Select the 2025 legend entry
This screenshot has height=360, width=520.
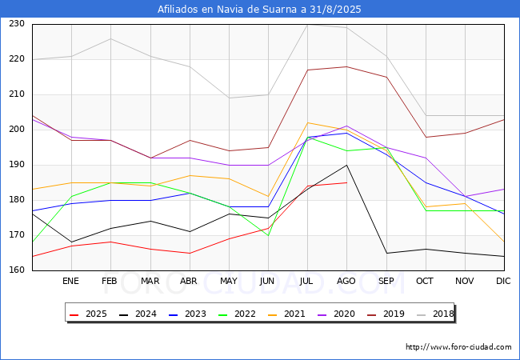(x=88, y=314)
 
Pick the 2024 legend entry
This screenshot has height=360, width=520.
(x=138, y=314)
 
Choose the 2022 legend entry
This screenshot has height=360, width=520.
(x=237, y=314)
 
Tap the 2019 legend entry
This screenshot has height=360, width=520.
(x=386, y=314)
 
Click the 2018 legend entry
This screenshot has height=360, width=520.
(x=435, y=314)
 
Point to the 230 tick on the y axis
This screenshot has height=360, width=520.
(x=17, y=24)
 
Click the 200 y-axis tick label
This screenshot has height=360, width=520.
(x=17, y=130)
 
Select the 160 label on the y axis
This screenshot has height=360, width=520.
(x=17, y=270)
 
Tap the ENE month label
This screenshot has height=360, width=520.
(x=70, y=281)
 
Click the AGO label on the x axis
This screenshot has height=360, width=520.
(x=346, y=281)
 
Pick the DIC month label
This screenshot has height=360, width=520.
(x=503, y=281)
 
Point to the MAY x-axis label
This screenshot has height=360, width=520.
(x=229, y=281)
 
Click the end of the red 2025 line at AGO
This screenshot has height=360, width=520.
(x=347, y=182)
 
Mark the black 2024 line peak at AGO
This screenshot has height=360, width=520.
(x=347, y=165)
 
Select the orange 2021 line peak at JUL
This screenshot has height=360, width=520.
(x=308, y=122)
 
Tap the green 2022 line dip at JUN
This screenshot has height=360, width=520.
(x=268, y=235)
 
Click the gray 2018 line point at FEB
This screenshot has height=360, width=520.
(x=110, y=38)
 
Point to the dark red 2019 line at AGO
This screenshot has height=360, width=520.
(x=347, y=66)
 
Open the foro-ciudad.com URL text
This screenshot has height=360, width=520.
(x=458, y=347)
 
